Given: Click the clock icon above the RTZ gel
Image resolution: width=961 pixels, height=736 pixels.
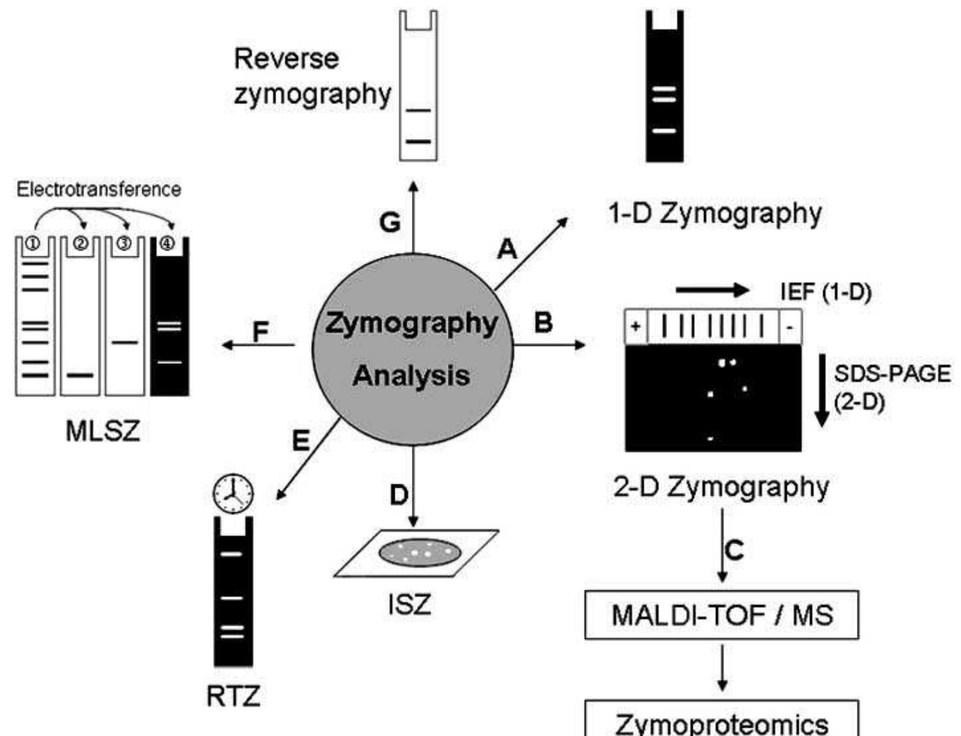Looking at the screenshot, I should [x=233, y=493].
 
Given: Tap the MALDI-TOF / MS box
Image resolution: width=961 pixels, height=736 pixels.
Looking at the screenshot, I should [x=722, y=615].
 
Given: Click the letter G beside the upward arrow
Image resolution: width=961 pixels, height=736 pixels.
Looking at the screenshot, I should [x=390, y=222].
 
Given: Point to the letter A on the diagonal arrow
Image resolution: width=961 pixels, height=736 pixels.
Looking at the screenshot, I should [x=507, y=249].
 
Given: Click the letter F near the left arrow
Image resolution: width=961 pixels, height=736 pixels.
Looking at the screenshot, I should [x=261, y=332].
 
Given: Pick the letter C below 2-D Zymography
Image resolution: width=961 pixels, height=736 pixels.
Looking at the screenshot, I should [x=735, y=549].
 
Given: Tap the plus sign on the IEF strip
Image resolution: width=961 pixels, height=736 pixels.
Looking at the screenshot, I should [x=635, y=327].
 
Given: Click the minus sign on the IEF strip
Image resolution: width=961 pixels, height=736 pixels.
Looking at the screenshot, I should [x=789, y=327].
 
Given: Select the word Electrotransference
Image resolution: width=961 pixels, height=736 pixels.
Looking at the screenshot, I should [x=98, y=190].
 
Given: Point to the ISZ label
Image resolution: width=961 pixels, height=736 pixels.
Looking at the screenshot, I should [x=409, y=606].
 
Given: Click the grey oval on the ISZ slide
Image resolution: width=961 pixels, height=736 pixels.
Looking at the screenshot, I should [x=420, y=552].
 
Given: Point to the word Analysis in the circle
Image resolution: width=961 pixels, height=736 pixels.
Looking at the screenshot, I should [x=411, y=376].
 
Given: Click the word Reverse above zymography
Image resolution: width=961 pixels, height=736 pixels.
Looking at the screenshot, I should [x=286, y=59].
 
